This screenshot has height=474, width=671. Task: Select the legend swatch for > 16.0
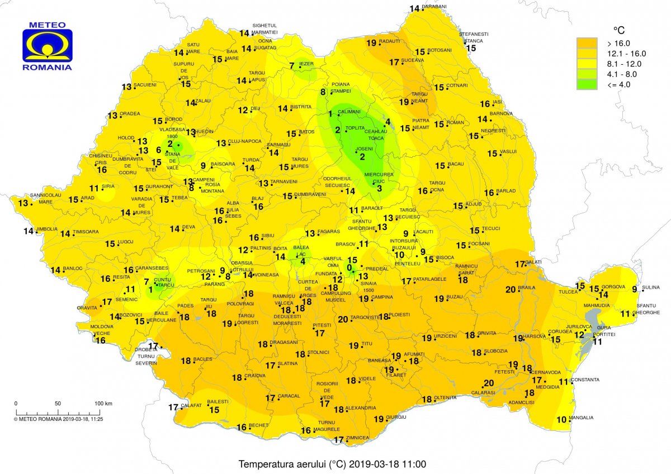point(588,43)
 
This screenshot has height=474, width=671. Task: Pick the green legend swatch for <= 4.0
point(588,84)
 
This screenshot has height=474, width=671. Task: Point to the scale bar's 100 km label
point(103,403)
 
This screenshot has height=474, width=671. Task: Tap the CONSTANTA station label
point(585,380)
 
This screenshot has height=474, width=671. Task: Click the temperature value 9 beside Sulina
point(634,289)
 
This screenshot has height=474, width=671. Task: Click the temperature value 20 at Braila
point(510,289)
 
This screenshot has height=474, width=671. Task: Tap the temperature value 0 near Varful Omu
point(350,268)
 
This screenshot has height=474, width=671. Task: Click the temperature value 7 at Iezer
point(292,66)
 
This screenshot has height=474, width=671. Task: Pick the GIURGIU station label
point(395,418)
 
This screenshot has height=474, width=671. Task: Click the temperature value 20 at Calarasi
point(489,383)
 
